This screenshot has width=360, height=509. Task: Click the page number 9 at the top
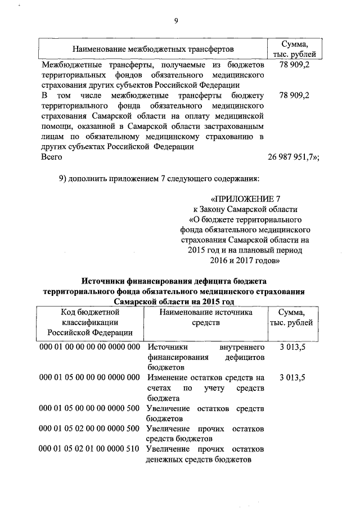pyautogui.click(x=176, y=21)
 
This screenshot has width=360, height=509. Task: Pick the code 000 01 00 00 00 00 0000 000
pyautogui.click(x=89, y=347)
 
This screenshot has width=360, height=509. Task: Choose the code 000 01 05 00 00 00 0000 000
pyautogui.click(x=89, y=377)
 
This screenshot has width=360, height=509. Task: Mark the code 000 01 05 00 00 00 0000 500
pyautogui.click(x=89, y=408)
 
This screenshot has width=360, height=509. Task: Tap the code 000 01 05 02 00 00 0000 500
pyautogui.click(x=89, y=429)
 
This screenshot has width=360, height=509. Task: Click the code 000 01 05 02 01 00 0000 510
pyautogui.click(x=89, y=450)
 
